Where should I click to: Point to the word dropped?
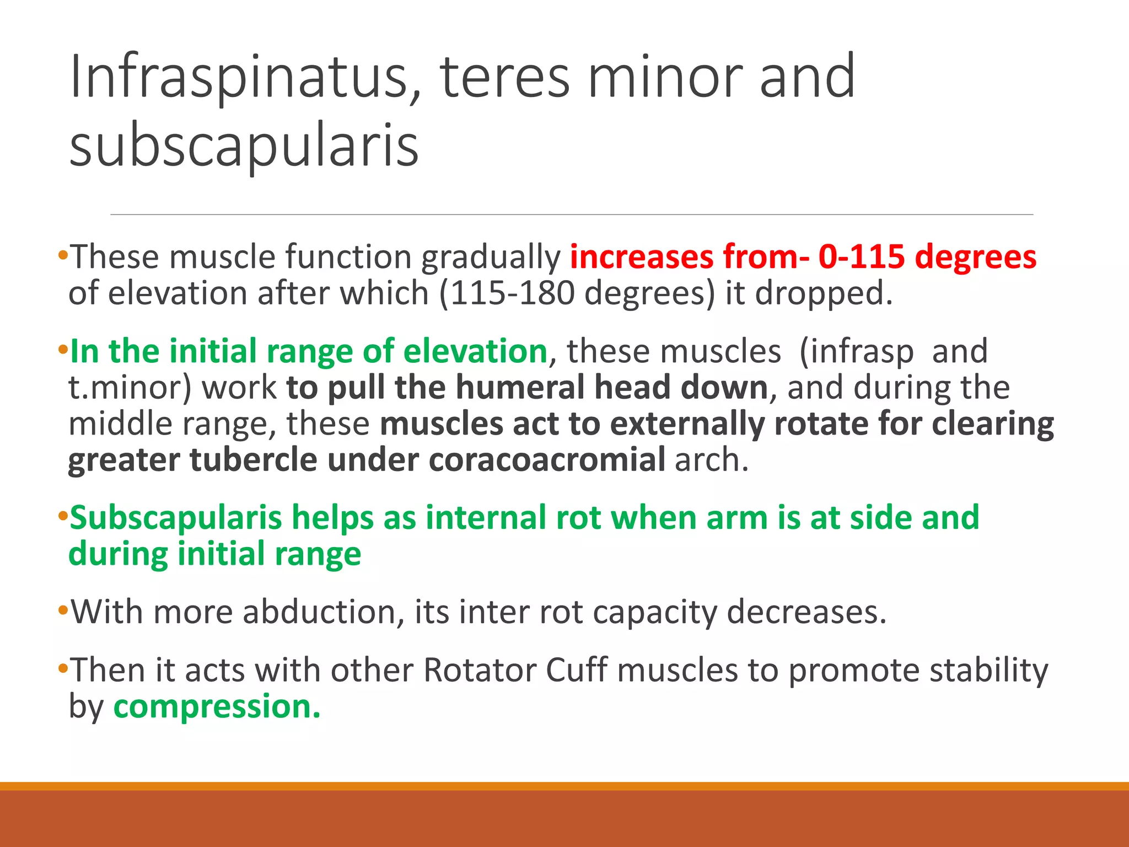pyautogui.click(x=824, y=293)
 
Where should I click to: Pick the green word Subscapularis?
pyautogui.click(x=176, y=518)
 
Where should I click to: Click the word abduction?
pyautogui.click(x=319, y=612)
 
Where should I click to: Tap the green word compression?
pyautogui.click(x=217, y=706)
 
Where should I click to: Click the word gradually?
pyautogui.click(x=491, y=257)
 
